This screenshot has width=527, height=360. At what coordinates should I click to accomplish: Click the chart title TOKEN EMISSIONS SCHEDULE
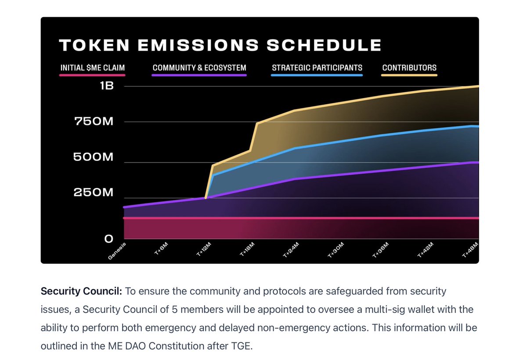click(x=220, y=45)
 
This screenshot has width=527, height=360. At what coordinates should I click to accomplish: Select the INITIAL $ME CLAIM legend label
click(x=93, y=68)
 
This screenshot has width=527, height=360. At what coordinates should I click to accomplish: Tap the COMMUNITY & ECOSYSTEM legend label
click(x=199, y=68)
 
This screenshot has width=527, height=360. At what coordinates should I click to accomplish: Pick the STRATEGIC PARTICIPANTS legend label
click(x=317, y=68)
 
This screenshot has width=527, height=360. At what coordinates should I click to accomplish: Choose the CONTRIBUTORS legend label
click(x=409, y=68)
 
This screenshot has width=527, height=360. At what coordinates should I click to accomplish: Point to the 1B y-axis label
click(x=107, y=86)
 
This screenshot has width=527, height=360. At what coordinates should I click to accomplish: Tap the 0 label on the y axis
click(x=108, y=239)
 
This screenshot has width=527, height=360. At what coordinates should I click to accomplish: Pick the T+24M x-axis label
click(x=292, y=251)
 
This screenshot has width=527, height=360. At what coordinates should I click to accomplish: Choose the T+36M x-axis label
click(x=380, y=251)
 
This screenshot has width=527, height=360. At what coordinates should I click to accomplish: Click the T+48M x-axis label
click(x=469, y=251)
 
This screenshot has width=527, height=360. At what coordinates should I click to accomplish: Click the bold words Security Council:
click(x=82, y=291)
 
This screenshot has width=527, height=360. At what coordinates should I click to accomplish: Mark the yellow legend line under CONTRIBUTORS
click(x=409, y=75)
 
